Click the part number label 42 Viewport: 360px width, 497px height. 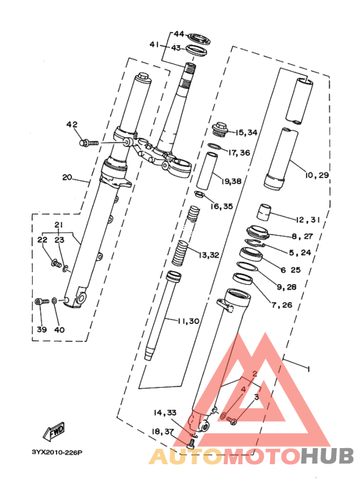pyautogui.click(x=71, y=124)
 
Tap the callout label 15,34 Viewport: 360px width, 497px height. pyautogui.click(x=246, y=132)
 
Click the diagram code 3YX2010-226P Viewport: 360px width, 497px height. pyautogui.click(x=57, y=453)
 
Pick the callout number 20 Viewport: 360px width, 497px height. pyautogui.click(x=67, y=177)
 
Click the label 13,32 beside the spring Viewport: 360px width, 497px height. pyautogui.click(x=209, y=255)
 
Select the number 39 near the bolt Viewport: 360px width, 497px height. pyautogui.click(x=42, y=329)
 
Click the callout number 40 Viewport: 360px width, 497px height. pyautogui.click(x=59, y=329)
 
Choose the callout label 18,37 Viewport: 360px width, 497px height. pyautogui.click(x=164, y=431)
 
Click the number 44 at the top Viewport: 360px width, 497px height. pyautogui.click(x=179, y=33)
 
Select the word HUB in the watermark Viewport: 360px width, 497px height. pyautogui.click(x=327, y=455)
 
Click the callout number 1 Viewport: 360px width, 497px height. pyautogui.click(x=309, y=370)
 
